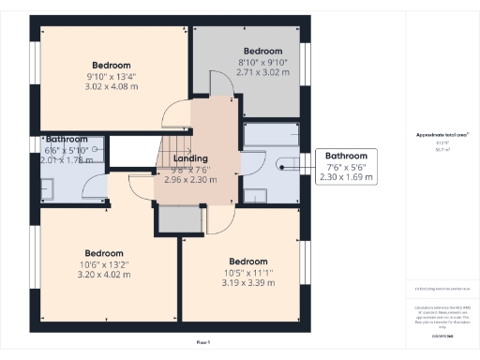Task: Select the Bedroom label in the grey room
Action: (x=262, y=51)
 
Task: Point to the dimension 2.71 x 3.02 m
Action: (x=262, y=71)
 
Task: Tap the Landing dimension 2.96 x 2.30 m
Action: (x=197, y=179)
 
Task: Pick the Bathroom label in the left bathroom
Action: (x=67, y=138)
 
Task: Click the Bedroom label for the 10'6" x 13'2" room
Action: (x=104, y=253)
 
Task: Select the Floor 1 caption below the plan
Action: (x=203, y=343)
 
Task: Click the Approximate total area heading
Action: (x=442, y=135)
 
